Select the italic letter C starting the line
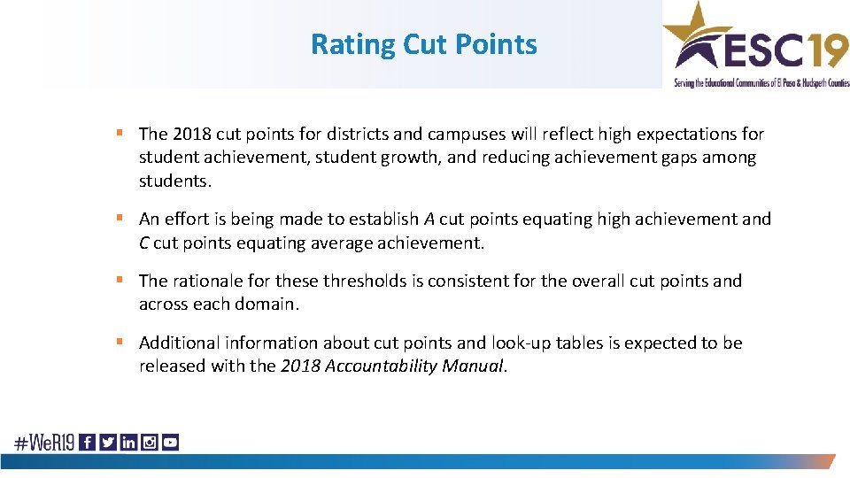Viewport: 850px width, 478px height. tap(144, 243)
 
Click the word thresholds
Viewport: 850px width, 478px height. tap(364, 281)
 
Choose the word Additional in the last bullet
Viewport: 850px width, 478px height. tap(179, 343)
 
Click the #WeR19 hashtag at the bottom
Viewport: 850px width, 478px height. tap(43, 443)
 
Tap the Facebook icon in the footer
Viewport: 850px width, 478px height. tap(88, 443)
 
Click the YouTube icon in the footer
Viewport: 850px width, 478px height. tap(170, 443)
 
